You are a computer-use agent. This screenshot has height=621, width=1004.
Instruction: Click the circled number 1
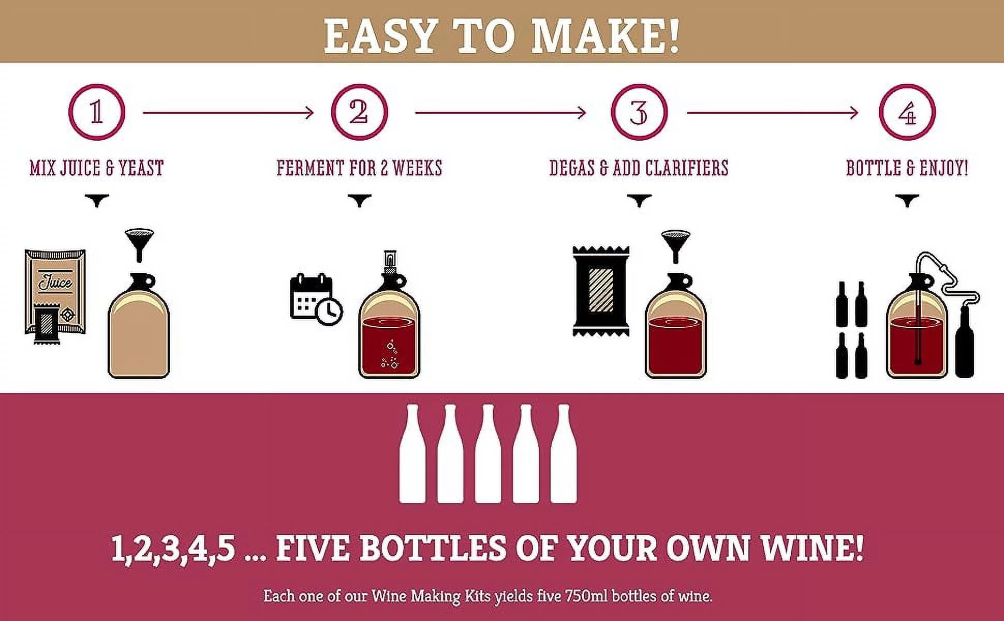97,112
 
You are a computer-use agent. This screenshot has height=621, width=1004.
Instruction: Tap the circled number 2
359,112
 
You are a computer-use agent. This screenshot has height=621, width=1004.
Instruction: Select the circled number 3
639,112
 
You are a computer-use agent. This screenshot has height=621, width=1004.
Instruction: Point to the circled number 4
907,112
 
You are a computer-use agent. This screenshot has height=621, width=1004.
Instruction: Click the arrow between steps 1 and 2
228,112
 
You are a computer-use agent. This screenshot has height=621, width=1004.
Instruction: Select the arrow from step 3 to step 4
773,112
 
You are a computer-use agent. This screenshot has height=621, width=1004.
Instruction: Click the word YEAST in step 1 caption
141,168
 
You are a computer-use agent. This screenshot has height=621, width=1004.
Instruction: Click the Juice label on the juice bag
55,283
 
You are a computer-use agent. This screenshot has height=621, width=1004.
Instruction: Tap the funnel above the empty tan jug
139,243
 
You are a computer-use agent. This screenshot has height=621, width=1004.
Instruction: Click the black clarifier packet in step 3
601,291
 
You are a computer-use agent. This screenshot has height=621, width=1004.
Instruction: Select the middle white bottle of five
488,454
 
